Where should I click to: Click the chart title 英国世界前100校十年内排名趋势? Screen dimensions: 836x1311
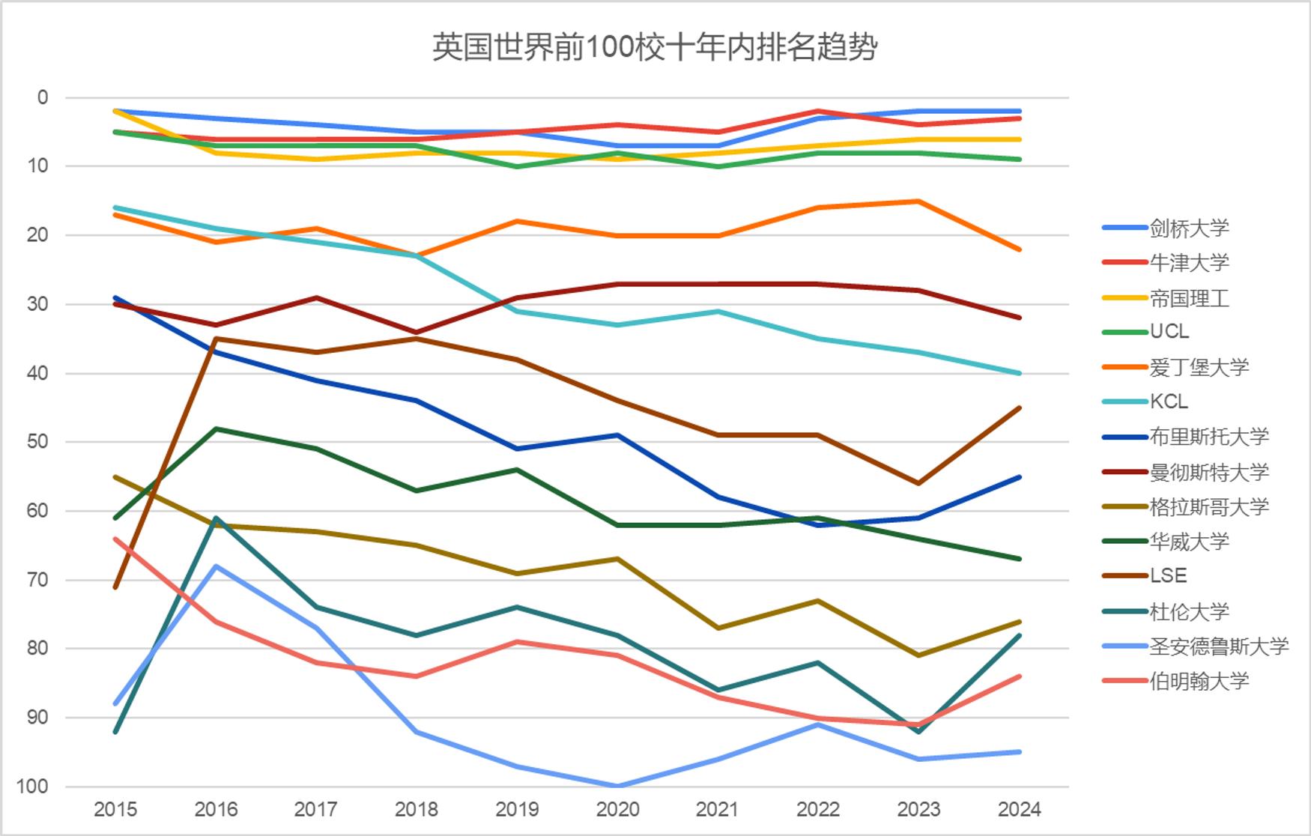tap(655, 47)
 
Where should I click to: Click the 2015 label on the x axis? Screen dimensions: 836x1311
tap(115, 809)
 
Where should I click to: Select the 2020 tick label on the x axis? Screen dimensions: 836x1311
tap(617, 809)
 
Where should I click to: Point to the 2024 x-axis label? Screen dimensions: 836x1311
tap(1019, 809)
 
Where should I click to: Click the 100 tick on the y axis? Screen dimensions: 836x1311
tap(31, 787)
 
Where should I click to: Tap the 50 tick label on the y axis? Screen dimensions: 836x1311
tap(37, 441)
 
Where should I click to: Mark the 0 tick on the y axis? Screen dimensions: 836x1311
tap(43, 97)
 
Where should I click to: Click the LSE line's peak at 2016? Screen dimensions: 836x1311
tap(217, 339)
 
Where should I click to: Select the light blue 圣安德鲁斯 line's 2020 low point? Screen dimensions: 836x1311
tap(618, 786)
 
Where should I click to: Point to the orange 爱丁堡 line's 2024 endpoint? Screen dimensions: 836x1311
tap(1019, 249)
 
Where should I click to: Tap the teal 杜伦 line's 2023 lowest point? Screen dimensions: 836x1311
tap(919, 731)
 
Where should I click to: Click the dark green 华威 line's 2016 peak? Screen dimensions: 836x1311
tap(217, 428)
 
